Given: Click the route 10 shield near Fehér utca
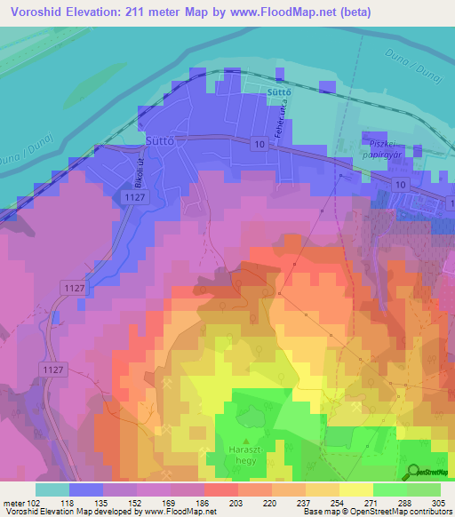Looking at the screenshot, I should pyautogui.click(x=258, y=144).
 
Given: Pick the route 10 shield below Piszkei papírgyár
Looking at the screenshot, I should pyautogui.click(x=401, y=183).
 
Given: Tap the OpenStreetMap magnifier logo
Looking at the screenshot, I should pyautogui.click(x=414, y=471).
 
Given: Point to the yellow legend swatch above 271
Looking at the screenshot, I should pyautogui.click(x=355, y=489).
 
